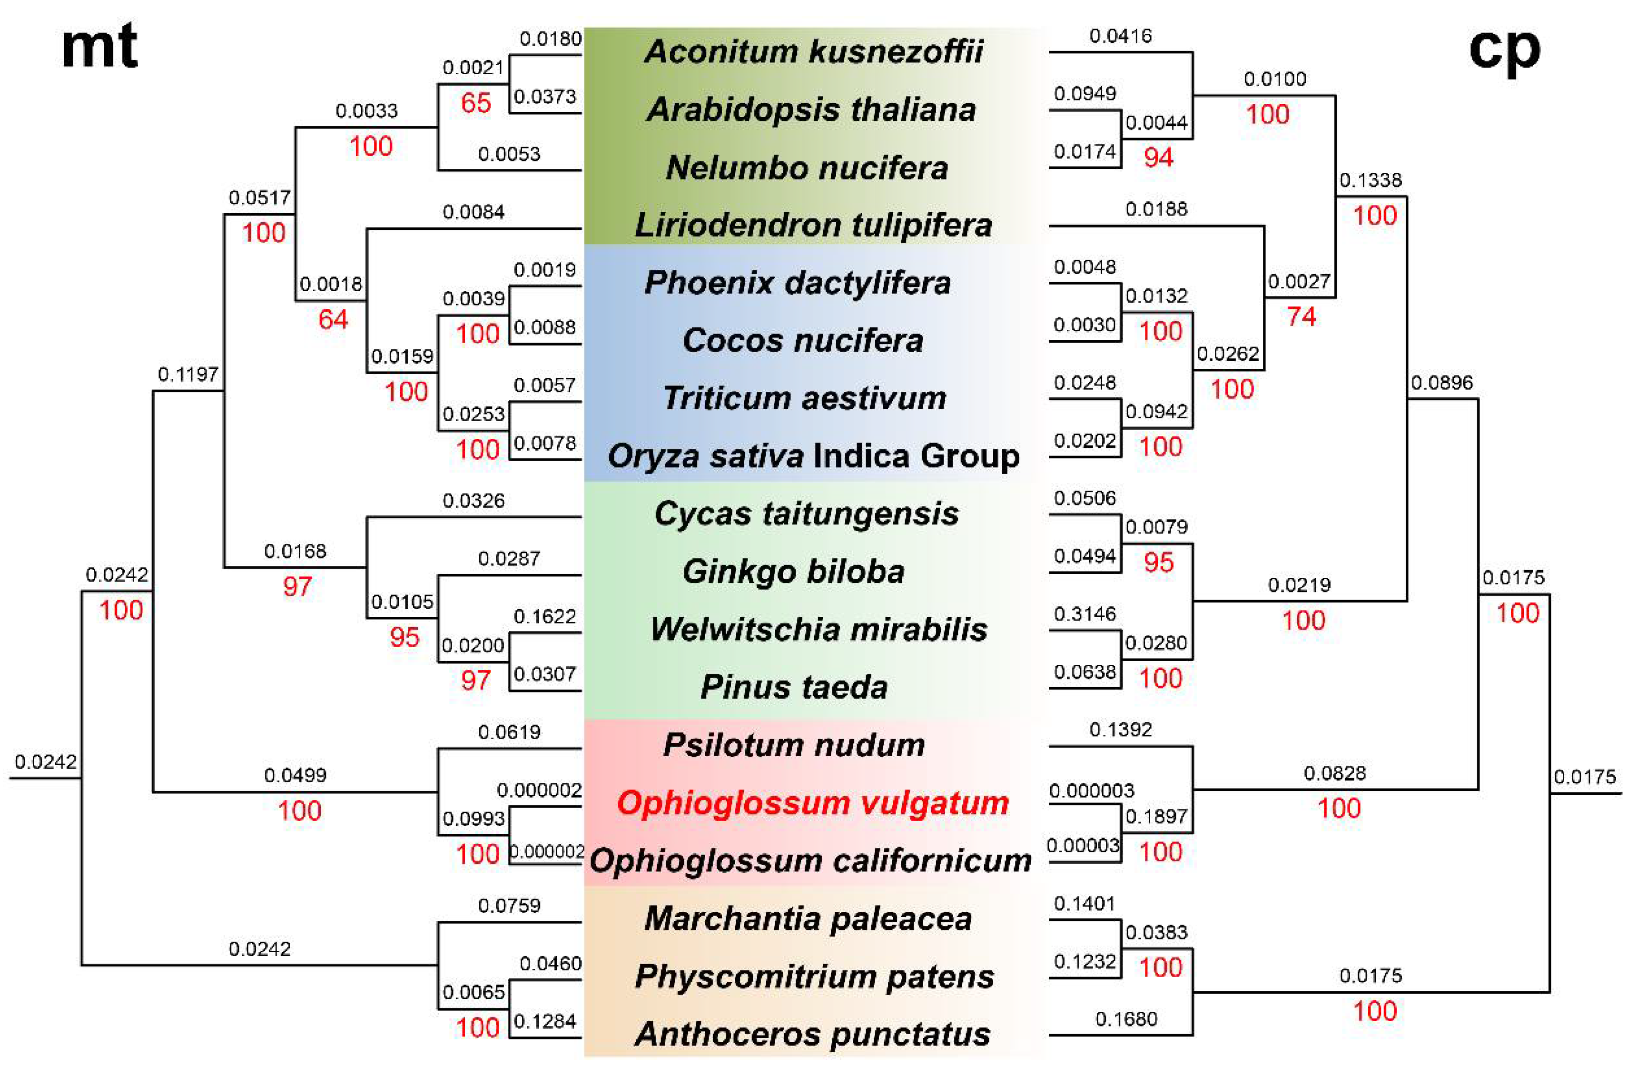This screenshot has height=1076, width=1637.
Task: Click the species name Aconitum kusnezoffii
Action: [814, 51]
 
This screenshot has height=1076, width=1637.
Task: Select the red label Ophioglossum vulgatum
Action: [813, 803]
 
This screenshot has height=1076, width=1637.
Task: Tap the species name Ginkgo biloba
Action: [794, 572]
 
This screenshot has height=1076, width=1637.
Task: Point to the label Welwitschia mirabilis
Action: [818, 630]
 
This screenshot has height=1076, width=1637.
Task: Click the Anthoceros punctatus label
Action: [813, 1034]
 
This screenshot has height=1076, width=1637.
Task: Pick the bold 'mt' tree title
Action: [100, 47]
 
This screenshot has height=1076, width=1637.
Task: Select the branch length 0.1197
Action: [188, 374]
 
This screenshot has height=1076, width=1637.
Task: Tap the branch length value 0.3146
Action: [1085, 614]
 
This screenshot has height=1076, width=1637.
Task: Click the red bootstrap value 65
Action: [476, 103]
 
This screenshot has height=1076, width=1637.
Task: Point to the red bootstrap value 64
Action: [333, 319]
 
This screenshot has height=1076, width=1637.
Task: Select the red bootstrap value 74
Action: [1302, 316]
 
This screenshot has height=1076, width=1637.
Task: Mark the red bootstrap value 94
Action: [1158, 158]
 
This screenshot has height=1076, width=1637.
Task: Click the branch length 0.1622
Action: [545, 616]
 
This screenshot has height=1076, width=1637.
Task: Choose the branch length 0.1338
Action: [1370, 180]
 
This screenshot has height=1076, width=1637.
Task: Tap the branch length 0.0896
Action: [1442, 383]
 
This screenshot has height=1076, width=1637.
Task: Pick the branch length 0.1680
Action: [1126, 1019]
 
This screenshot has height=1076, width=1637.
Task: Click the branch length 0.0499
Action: [295, 775]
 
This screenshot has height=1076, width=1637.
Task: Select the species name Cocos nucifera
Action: [803, 341]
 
